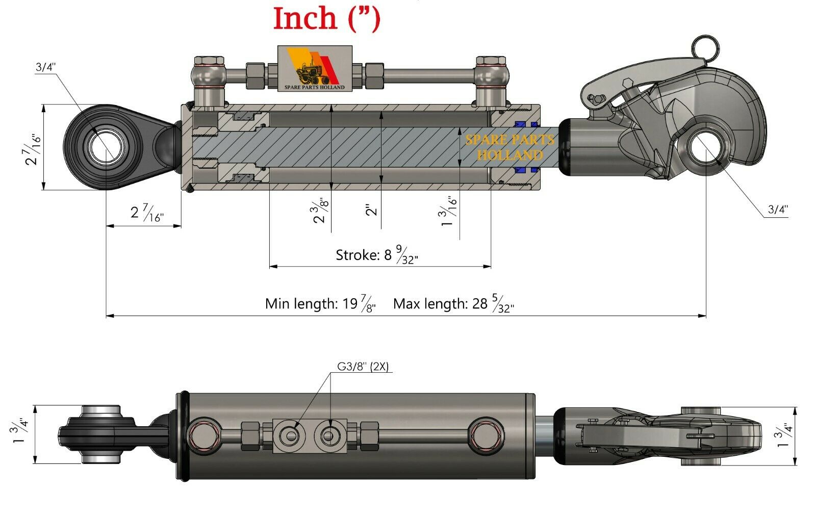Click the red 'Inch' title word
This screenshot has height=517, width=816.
click(x=305, y=18)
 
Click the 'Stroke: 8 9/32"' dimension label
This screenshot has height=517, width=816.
click(x=376, y=255)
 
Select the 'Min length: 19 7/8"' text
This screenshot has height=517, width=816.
click(x=320, y=304)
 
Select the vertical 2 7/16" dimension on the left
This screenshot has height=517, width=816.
click(x=32, y=148)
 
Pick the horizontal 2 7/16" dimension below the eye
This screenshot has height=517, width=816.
click(x=146, y=213)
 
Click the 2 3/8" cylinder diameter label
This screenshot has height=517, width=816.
click(x=321, y=211)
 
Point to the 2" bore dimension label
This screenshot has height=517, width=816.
click(x=373, y=210)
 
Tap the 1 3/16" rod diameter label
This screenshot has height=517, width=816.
click(x=449, y=211)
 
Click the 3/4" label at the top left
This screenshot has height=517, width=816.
click(x=45, y=67)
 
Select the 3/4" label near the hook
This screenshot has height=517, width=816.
click(x=778, y=209)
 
